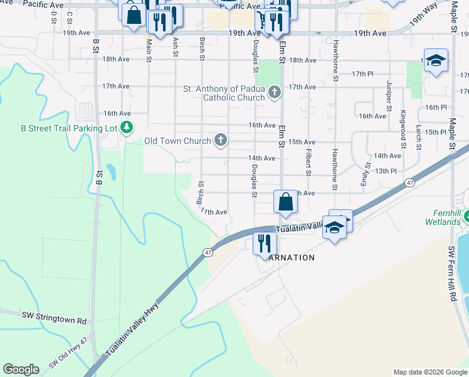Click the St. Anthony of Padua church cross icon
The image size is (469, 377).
pos(273,93)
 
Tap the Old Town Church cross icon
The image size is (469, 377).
pos(220,140)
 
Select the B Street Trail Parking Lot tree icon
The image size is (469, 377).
pos(127,128)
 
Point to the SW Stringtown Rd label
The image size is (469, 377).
pos(55,320)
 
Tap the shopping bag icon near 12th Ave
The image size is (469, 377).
pos(285,202)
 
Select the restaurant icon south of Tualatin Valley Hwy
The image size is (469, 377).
pos(265,243)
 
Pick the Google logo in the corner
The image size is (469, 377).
pos(21,369)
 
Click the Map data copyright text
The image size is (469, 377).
pos(429,372)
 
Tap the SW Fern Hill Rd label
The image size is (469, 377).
pos(452,275)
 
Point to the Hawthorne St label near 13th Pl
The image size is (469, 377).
pos(335,170)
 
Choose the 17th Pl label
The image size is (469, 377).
pos(362,74)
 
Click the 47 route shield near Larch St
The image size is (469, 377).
pos(409,182)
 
